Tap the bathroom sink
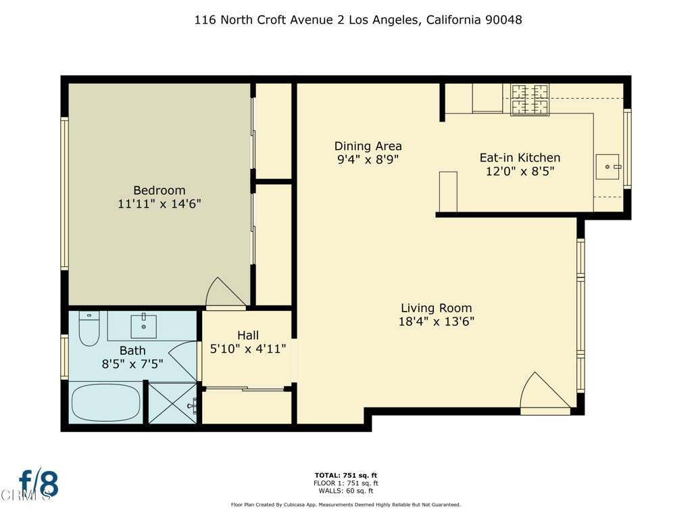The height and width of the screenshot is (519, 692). click(143, 326)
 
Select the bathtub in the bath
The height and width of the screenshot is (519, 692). click(105, 403)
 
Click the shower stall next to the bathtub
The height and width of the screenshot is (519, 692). click(172, 403)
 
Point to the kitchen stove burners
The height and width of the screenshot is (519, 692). click(530, 99)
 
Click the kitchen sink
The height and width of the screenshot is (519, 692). click(608, 166)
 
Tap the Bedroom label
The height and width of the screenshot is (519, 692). click(159, 191)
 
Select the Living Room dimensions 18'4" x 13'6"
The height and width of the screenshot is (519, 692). click(436, 322)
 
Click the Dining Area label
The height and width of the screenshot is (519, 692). click(368, 146)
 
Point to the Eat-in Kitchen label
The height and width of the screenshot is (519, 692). click(520, 158)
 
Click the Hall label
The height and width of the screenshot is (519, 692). click(247, 335)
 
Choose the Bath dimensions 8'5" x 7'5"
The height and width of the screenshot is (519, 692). click(132, 364)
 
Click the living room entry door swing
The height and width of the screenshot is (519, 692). click(545, 392)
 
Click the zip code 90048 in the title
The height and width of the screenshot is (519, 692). click(503, 20)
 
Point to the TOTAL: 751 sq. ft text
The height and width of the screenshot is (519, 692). click(345, 475)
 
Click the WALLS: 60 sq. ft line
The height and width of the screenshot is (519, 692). click(345, 491)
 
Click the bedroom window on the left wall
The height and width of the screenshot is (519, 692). click(65, 193)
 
